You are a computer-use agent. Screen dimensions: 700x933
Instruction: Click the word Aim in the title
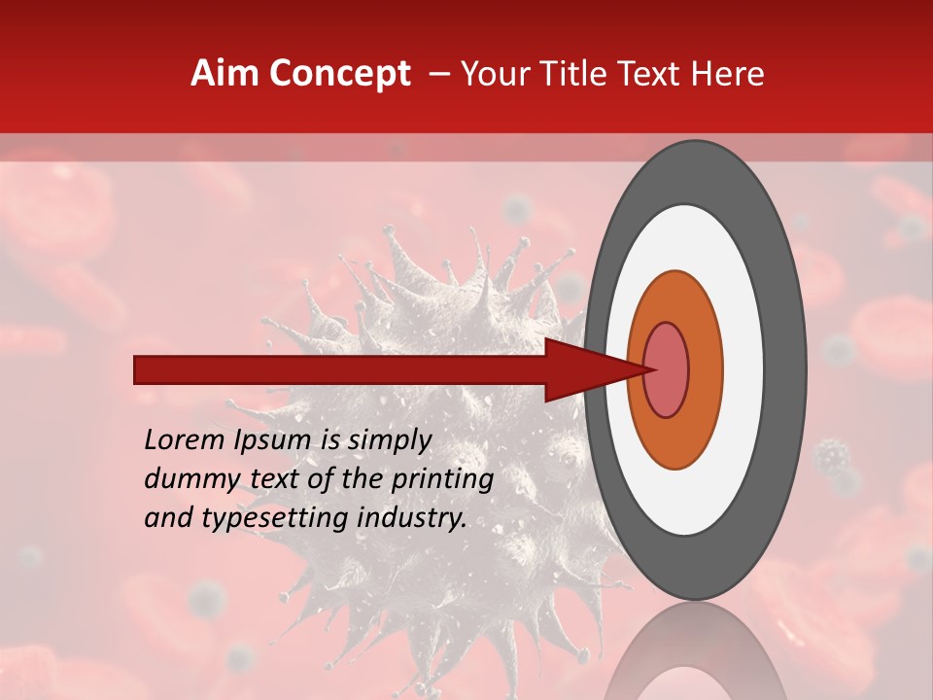tap(225, 74)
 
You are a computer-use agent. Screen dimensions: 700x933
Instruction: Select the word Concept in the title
tap(338, 75)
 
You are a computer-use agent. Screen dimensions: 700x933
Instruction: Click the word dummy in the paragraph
tap(186, 479)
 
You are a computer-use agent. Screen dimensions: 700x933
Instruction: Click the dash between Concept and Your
tap(439, 75)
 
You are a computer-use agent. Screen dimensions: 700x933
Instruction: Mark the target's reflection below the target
tap(695, 656)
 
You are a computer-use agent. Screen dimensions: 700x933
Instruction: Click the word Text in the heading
tap(655, 74)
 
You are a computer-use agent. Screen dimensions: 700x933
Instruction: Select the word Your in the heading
tap(496, 74)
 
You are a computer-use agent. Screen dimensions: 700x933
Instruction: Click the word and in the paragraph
tap(167, 518)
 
